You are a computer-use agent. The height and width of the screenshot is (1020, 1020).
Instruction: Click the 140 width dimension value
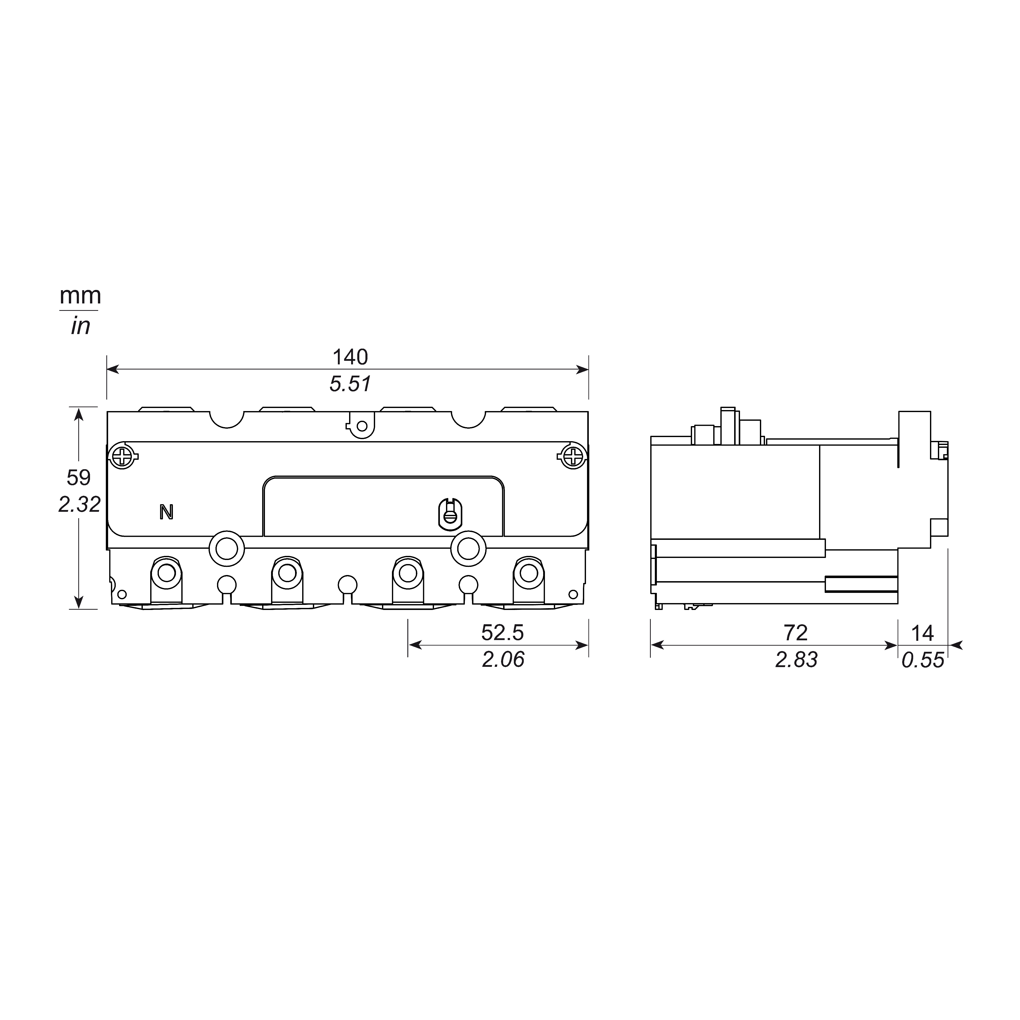[x=350, y=358]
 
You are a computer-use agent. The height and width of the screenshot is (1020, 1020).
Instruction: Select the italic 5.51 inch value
[x=350, y=384]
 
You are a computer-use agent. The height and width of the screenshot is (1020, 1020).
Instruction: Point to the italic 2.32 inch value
[x=79, y=505]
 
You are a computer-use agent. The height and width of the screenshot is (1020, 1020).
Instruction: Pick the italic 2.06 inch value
[x=503, y=659]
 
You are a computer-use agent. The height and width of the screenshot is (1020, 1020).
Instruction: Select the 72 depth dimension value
[x=796, y=632]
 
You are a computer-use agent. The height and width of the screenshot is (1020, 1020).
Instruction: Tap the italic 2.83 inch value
[x=796, y=659]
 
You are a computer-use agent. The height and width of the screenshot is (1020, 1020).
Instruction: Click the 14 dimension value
[x=922, y=632]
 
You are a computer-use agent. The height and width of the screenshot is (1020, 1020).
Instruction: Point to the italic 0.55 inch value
[x=922, y=659]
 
